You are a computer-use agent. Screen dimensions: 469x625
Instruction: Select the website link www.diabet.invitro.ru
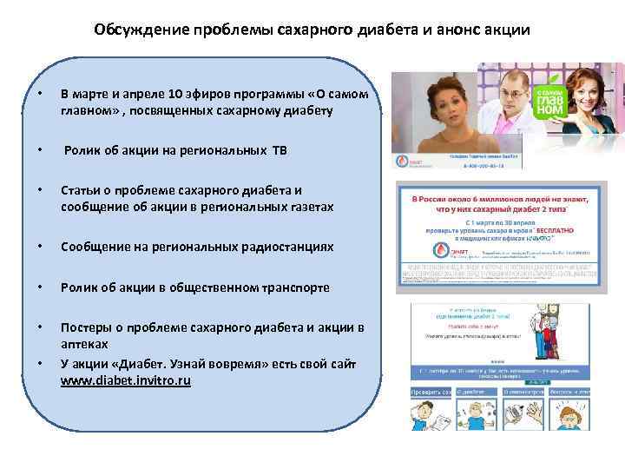(x=126, y=380)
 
